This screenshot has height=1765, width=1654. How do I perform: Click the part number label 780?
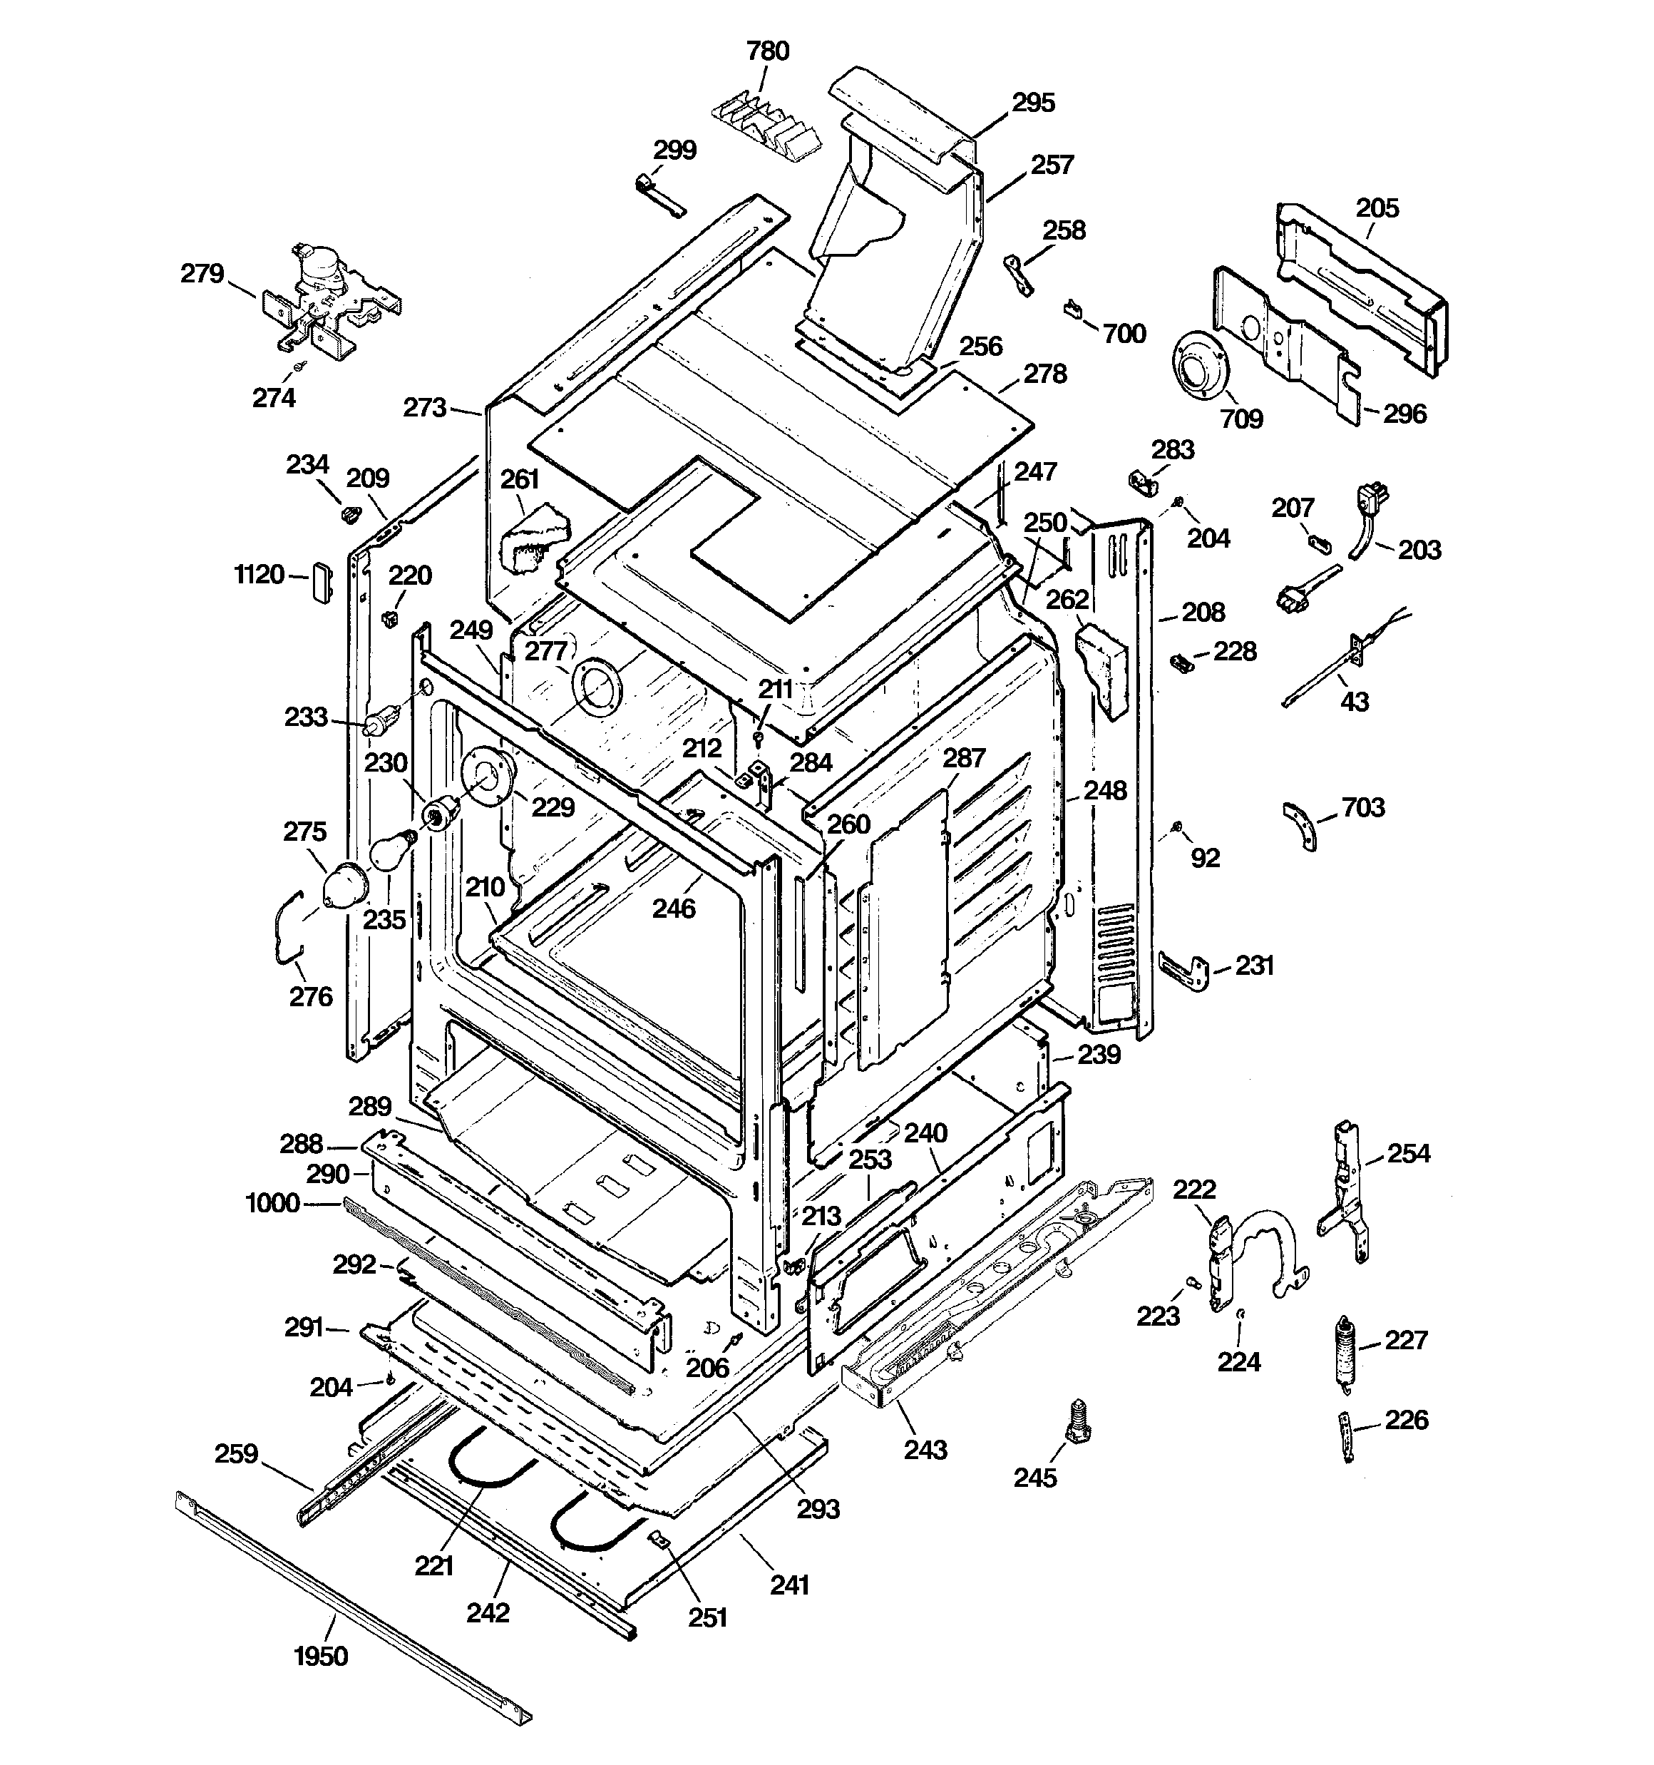[x=767, y=51]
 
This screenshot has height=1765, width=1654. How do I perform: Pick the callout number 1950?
[x=321, y=1657]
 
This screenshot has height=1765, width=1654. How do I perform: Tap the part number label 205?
[x=1377, y=209]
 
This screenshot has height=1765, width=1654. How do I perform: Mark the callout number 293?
[x=818, y=1508]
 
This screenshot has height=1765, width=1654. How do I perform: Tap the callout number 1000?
[x=272, y=1203]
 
